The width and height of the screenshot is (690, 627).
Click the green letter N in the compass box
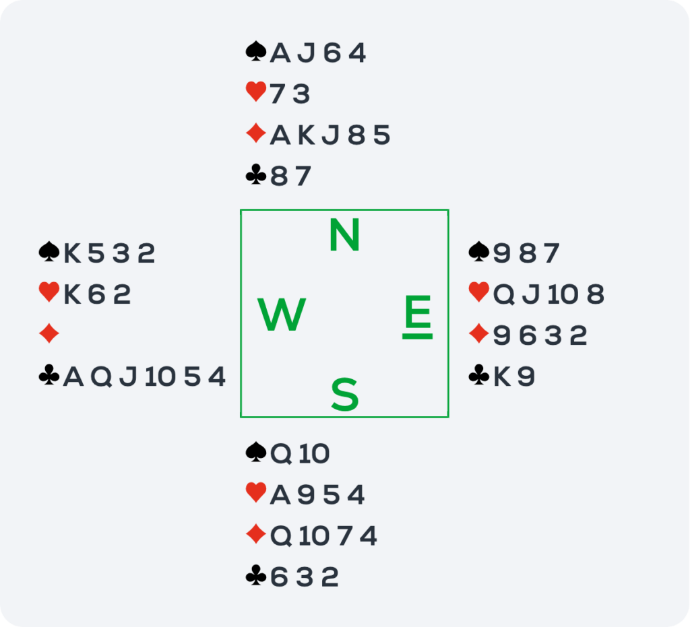tap(344, 235)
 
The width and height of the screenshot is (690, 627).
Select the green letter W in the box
tap(282, 314)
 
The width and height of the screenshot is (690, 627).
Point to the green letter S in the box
tap(344, 395)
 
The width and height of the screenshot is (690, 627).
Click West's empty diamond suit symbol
tap(49, 333)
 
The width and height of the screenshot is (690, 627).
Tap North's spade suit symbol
tap(256, 51)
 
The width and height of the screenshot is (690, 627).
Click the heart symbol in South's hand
tap(256, 492)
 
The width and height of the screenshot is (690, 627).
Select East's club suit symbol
tap(479, 375)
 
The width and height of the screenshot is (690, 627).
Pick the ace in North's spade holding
tap(280, 53)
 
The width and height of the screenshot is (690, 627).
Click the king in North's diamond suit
tap(307, 135)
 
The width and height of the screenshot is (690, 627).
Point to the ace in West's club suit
tap(73, 376)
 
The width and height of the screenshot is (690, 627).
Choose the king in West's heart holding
tap(72, 294)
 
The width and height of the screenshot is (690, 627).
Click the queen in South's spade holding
tap(280, 453)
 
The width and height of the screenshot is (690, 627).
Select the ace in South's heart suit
tap(280, 494)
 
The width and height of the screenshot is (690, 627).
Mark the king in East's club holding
tap(502, 376)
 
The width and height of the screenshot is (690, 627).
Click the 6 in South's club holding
tap(279, 577)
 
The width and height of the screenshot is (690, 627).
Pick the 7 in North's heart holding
tap(277, 94)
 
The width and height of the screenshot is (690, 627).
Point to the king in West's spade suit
tap(72, 253)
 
